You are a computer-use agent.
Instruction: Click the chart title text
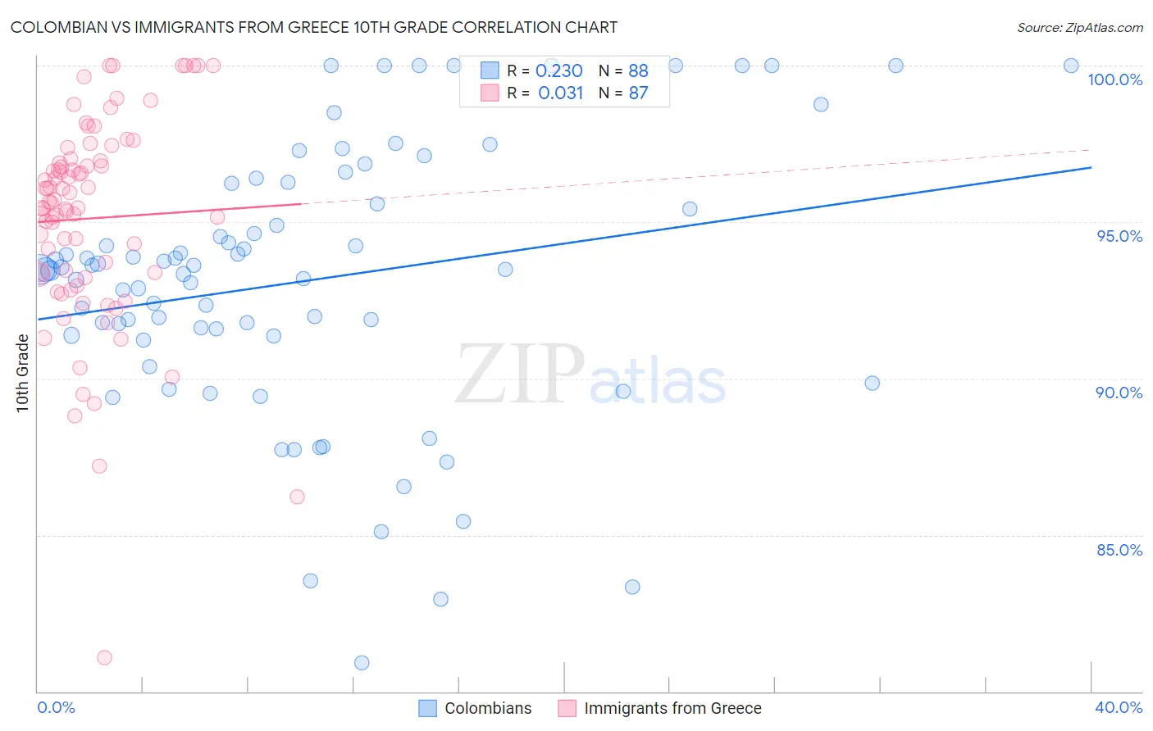314,27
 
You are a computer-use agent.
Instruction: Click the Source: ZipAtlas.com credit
1079,27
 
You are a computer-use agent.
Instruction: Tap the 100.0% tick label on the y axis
1114,79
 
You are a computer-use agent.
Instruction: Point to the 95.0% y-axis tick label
1119,236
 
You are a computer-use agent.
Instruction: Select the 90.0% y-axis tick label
1119,393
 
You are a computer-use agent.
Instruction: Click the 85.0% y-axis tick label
1119,550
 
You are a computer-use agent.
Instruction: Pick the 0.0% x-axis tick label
56,707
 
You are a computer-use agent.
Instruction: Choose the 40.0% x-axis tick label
1119,707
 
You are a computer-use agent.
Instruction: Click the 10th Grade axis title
22,373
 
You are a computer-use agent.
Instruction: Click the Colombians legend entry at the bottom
488,708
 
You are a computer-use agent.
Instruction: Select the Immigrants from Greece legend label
672,708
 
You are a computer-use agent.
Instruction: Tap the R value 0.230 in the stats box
558,71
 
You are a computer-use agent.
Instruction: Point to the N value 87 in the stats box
638,93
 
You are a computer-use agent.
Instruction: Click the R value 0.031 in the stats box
560,93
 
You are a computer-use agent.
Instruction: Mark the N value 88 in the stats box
638,71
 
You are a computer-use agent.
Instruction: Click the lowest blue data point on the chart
362,663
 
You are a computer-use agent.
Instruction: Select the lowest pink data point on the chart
104,657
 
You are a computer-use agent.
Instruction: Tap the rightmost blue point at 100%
1071,66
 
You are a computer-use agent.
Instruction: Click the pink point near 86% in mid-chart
297,497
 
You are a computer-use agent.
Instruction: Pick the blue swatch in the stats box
490,70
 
